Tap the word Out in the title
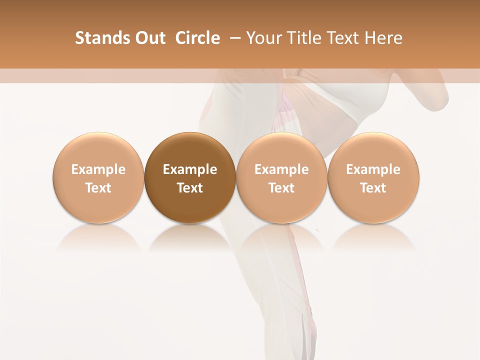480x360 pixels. (149, 38)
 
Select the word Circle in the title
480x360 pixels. (197, 38)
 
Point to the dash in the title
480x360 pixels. (233, 38)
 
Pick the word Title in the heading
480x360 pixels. (304, 38)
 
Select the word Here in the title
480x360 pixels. (383, 38)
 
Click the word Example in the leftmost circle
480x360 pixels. (98, 169)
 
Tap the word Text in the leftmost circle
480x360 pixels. (98, 188)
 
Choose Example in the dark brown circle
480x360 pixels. (190, 169)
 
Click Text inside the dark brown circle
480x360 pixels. (190, 188)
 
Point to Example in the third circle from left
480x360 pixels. (281, 169)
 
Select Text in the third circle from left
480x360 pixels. (281, 188)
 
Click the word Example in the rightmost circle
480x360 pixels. (373, 169)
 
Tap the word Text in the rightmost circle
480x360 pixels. (373, 188)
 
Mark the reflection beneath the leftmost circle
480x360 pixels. (98, 239)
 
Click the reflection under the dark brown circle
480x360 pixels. (190, 239)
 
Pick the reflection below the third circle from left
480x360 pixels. (281, 239)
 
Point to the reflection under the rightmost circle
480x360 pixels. (373, 239)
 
